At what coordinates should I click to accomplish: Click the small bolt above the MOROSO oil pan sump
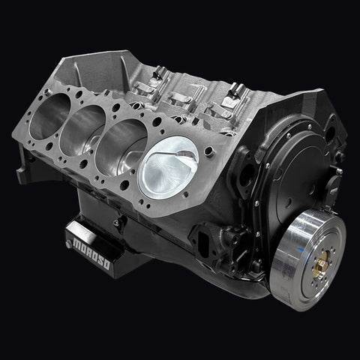tap(115, 223)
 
